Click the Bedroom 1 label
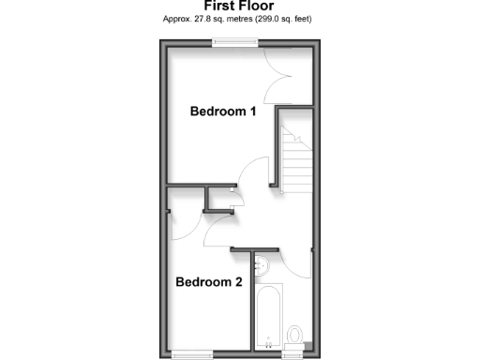pos(223,112)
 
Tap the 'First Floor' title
pos(239,6)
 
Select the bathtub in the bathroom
pos(269,316)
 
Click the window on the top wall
pos(234,41)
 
